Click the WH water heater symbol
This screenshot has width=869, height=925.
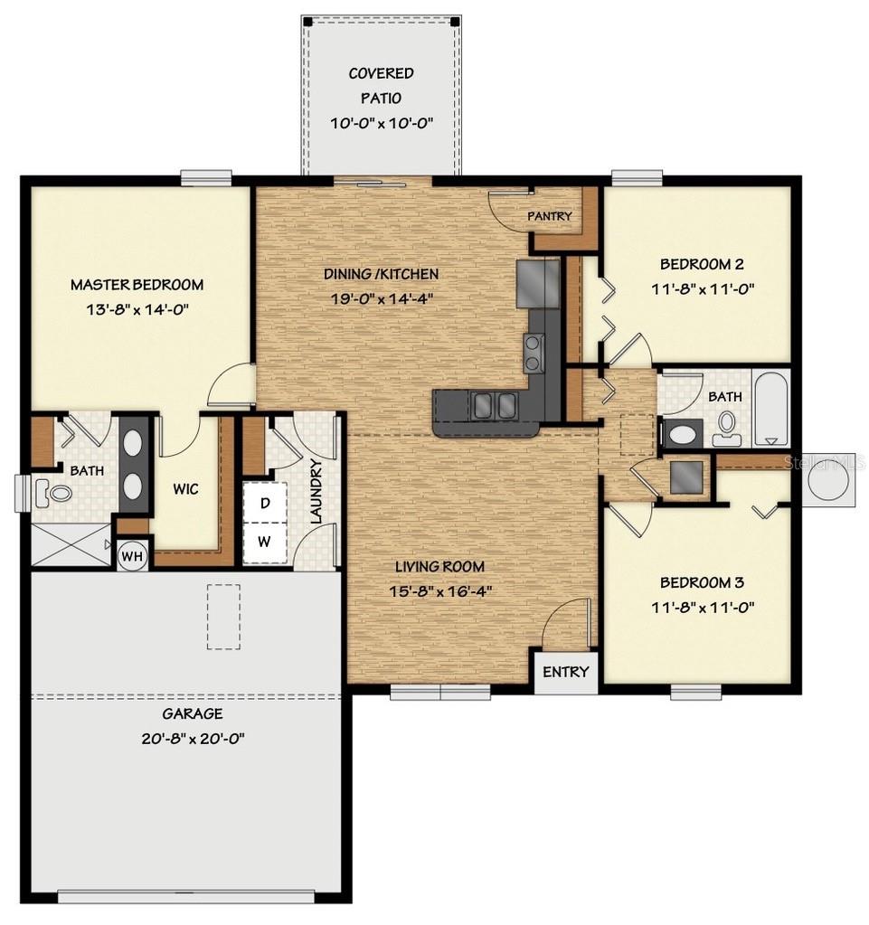click(133, 555)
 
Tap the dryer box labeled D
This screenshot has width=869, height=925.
click(265, 504)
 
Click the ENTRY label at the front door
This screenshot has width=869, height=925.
click(566, 672)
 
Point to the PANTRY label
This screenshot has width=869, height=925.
click(550, 216)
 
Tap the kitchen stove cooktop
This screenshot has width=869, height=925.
click(534, 352)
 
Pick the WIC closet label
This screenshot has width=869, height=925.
click(185, 489)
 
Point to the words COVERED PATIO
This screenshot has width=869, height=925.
click(382, 85)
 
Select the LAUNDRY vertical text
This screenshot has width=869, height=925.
click(316, 492)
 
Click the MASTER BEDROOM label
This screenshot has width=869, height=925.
click(137, 285)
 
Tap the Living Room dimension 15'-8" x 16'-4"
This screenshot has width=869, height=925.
click(439, 591)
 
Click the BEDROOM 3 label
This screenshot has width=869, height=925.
click(702, 582)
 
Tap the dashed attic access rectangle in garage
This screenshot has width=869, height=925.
click(223, 617)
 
